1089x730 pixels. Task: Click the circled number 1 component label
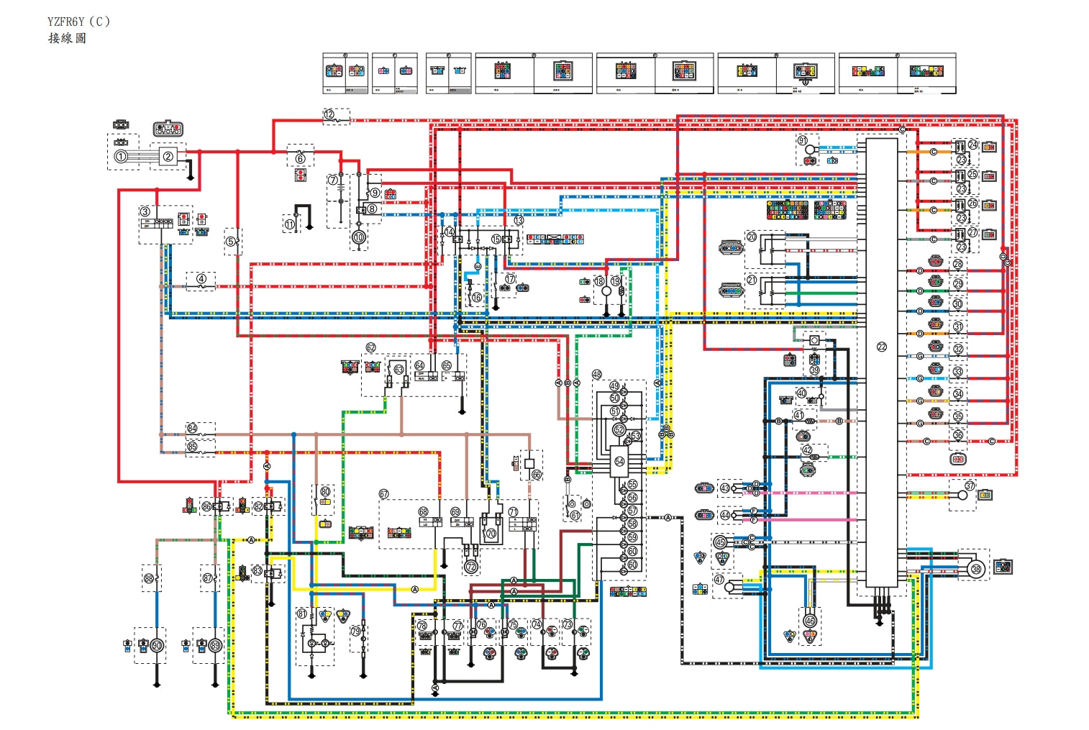[x=121, y=156]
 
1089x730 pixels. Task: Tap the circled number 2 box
[x=168, y=156]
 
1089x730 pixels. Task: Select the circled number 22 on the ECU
[x=882, y=347]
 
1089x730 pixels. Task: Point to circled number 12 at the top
[x=329, y=114]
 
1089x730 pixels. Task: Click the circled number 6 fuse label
[x=300, y=158]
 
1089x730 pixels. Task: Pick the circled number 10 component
[x=359, y=237]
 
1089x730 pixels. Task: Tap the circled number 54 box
[x=619, y=462]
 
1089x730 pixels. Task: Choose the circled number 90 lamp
[x=157, y=646]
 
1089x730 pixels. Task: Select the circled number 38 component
[x=976, y=569]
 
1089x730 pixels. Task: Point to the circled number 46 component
[x=811, y=620]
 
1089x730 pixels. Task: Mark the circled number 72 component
[x=471, y=567]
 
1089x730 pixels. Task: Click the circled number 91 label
[x=803, y=140]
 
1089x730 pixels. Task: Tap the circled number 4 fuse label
[x=201, y=279]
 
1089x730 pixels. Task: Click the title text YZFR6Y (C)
[x=79, y=22]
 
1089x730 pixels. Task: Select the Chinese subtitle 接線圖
[x=67, y=38]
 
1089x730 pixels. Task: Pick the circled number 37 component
[x=969, y=486]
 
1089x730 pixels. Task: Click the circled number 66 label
[x=537, y=475]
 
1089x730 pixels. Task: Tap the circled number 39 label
[x=814, y=370]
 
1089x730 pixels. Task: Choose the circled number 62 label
[x=370, y=347]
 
